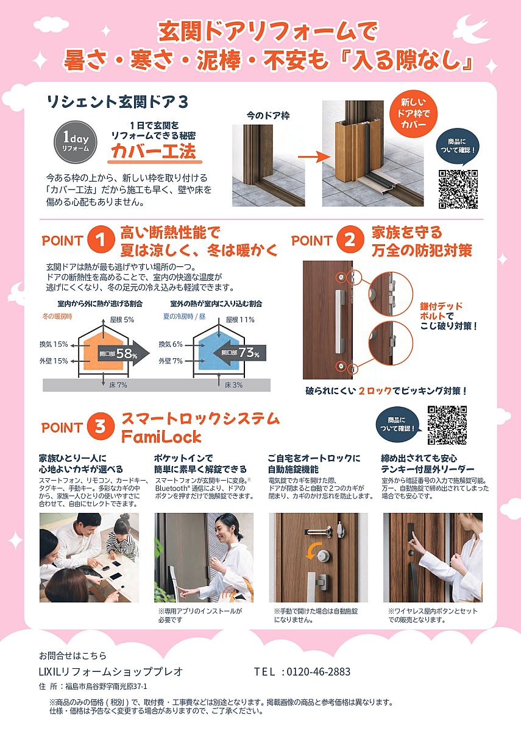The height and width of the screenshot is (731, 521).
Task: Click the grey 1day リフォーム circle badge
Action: tap(76, 142)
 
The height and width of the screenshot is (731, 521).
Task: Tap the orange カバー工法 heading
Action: tap(154, 151)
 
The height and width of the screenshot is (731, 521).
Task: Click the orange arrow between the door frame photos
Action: tap(312, 157)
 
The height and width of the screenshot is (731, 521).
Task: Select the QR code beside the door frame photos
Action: tap(458, 189)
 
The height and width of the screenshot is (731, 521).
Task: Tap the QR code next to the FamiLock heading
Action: tap(447, 425)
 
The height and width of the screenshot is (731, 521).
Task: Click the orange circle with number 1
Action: tap(101, 241)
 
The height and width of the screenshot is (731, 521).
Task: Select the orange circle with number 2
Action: tap(350, 241)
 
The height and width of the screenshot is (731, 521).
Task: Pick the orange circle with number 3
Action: tap(101, 426)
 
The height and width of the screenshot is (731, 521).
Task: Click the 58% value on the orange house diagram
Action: tap(127, 353)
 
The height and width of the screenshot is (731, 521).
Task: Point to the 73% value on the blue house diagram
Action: tap(249, 353)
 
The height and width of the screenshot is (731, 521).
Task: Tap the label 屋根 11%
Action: tap(240, 320)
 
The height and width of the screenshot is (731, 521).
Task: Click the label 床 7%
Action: tap(118, 385)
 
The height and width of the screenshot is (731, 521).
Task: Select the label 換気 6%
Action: tap(171, 344)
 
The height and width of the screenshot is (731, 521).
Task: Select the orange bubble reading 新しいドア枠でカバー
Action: tap(414, 113)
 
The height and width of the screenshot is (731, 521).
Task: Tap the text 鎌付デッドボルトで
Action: tap(441, 311)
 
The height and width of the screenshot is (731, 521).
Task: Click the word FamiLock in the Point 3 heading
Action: tap(161, 437)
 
